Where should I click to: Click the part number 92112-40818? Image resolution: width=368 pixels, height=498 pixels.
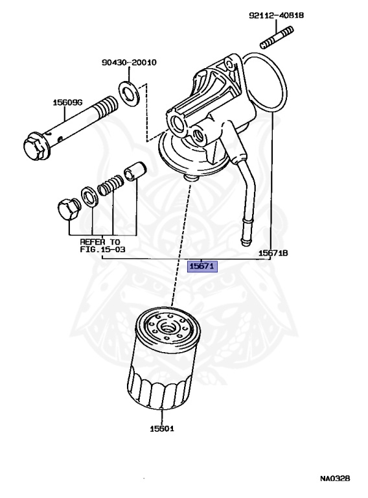pyautogui.click(x=276, y=16)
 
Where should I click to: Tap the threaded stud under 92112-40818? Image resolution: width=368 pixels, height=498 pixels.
pyautogui.click(x=277, y=38)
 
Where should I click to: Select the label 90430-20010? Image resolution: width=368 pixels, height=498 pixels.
pyautogui.click(x=129, y=62)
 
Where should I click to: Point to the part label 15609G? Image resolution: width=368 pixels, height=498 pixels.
pyautogui.click(x=67, y=102)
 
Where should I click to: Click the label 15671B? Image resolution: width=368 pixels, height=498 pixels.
pyautogui.click(x=273, y=253)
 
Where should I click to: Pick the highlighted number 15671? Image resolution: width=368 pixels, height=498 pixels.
pyautogui.click(x=202, y=266)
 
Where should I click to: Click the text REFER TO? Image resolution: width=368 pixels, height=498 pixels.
pyautogui.click(x=100, y=242)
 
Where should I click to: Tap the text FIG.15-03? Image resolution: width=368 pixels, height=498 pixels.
pyautogui.click(x=102, y=249)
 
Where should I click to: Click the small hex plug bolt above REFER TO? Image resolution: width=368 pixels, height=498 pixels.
pyautogui.click(x=69, y=209)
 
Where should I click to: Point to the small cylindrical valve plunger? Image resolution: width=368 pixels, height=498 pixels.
pyautogui.click(x=135, y=171)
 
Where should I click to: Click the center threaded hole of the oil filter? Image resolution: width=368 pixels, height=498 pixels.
pyautogui.click(x=167, y=327)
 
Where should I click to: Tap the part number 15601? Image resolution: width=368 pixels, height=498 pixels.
pyautogui.click(x=162, y=429)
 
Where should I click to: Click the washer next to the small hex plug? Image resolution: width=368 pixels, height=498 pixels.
pyautogui.click(x=89, y=198)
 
